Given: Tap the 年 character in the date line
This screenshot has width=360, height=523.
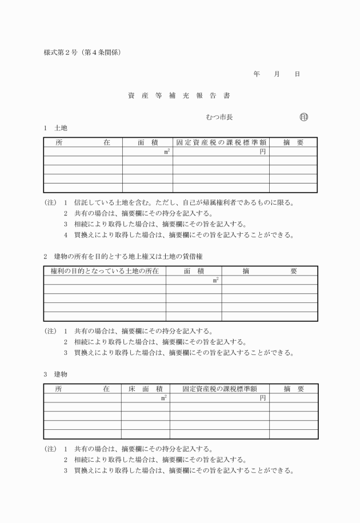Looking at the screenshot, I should [x=257, y=74].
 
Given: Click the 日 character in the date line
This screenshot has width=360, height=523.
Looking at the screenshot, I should [x=297, y=74].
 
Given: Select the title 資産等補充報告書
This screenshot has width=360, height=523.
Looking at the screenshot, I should [x=179, y=95].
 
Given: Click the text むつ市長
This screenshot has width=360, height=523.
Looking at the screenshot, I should [x=218, y=117].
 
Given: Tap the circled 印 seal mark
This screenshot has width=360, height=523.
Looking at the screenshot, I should [x=303, y=117].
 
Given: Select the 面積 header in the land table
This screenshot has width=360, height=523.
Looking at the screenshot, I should [x=147, y=142].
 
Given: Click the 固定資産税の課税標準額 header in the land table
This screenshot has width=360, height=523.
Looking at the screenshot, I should [x=221, y=142].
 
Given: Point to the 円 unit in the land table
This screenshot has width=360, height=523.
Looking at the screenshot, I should [x=263, y=151].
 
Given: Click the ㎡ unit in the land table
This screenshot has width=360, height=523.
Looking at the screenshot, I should [x=167, y=151].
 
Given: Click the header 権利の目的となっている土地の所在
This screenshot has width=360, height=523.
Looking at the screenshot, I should [x=104, y=270].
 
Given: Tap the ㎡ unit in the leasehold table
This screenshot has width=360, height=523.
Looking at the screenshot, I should [x=215, y=280].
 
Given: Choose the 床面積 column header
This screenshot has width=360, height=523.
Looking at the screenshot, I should [x=145, y=389].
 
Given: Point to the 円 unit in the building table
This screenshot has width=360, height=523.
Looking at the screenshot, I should [x=263, y=398].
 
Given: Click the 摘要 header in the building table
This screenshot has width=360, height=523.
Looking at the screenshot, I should [x=294, y=389].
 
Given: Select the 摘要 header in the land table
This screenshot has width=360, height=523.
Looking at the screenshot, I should [x=293, y=142].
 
